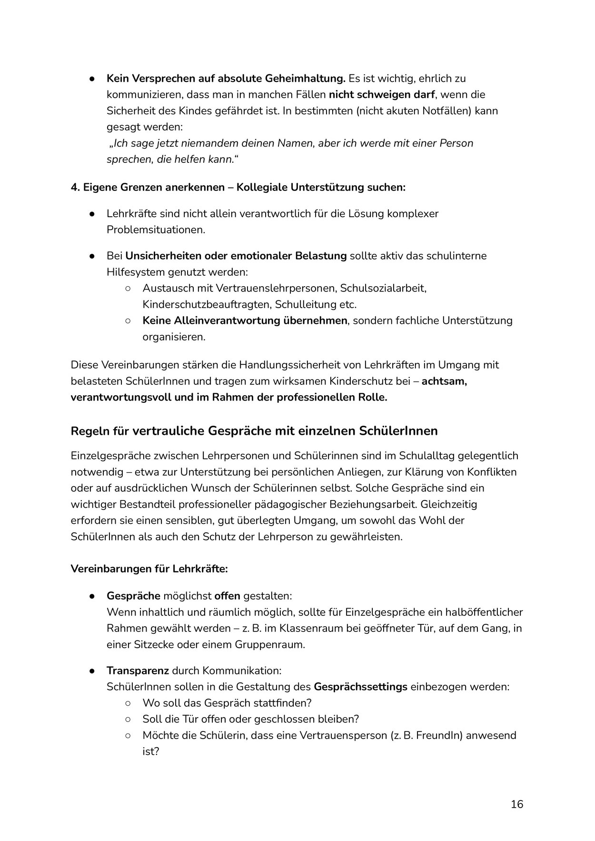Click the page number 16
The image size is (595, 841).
(517, 804)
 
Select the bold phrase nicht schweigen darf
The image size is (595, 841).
(382, 94)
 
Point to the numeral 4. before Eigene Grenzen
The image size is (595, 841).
(75, 187)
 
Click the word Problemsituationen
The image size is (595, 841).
(156, 230)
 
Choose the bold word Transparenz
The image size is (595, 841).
(138, 671)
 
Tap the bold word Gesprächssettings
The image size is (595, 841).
(360, 687)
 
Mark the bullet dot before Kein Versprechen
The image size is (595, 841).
(92, 79)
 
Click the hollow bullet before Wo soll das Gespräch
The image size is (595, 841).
(128, 703)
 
